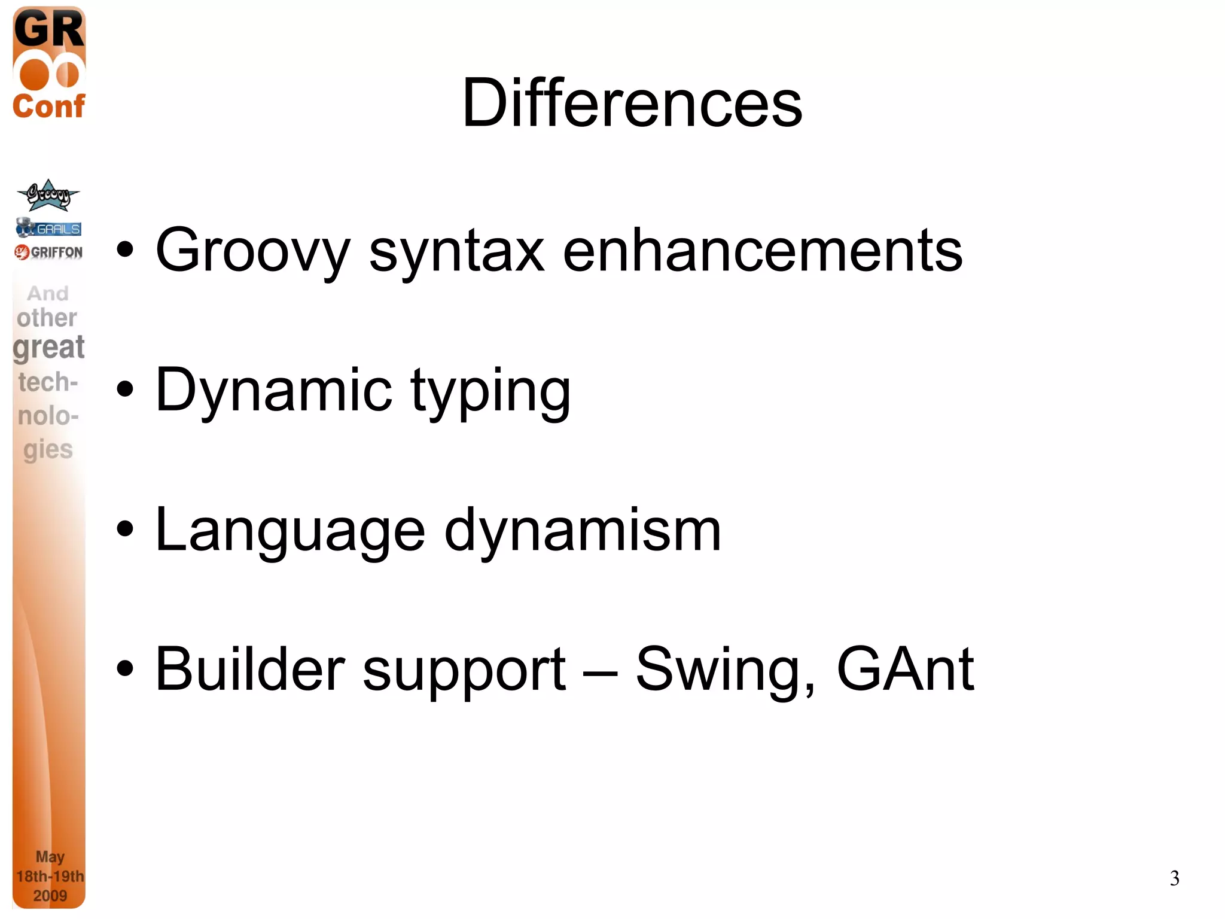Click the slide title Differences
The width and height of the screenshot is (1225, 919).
tap(632, 103)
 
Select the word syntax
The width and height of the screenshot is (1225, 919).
tap(456, 251)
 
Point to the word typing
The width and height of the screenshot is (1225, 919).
tap(490, 392)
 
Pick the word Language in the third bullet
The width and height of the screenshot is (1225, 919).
tap(290, 531)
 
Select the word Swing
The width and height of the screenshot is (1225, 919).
tap(724, 670)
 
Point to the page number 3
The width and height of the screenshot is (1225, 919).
tap(1174, 878)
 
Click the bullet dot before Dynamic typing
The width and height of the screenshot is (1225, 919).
tap(125, 390)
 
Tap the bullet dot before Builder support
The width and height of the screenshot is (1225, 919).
tap(125, 669)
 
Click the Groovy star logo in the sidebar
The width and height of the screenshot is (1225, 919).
tap(48, 196)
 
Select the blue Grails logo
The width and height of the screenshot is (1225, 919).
tap(48, 228)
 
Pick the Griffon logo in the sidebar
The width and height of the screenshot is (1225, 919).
tap(48, 252)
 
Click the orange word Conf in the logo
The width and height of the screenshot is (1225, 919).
tap(48, 106)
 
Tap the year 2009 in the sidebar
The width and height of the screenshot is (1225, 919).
tap(50, 896)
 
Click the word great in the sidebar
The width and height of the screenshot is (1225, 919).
tap(48, 347)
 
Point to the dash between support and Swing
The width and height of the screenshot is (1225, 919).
tap(600, 671)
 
